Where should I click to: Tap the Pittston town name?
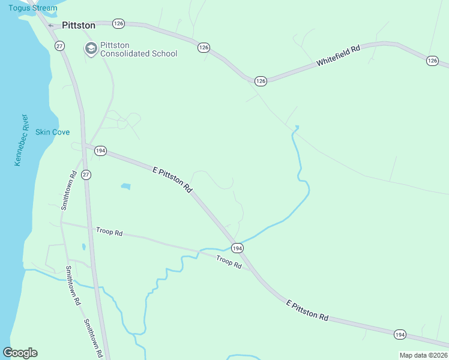coord(79,25)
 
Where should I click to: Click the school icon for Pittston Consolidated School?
coord(91,49)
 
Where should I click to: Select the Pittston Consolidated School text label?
coord(139,49)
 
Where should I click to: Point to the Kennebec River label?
coord(20,140)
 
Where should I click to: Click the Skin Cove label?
coord(52,132)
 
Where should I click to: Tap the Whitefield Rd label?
coord(339,55)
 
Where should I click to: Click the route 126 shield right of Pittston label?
coord(118,23)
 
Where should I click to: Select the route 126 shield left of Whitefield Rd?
coord(260,80)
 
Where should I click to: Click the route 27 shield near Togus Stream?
coord(59,46)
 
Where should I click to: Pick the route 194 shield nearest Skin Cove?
coord(100,151)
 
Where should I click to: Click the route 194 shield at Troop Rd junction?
coord(237,248)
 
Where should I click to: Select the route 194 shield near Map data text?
coord(400,334)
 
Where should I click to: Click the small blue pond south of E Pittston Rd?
coord(125,187)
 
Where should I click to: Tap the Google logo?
coord(20,353)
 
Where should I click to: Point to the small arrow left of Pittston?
coord(51,26)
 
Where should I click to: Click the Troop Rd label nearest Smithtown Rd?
coord(109,232)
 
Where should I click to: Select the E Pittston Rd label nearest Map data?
coord(307,309)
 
